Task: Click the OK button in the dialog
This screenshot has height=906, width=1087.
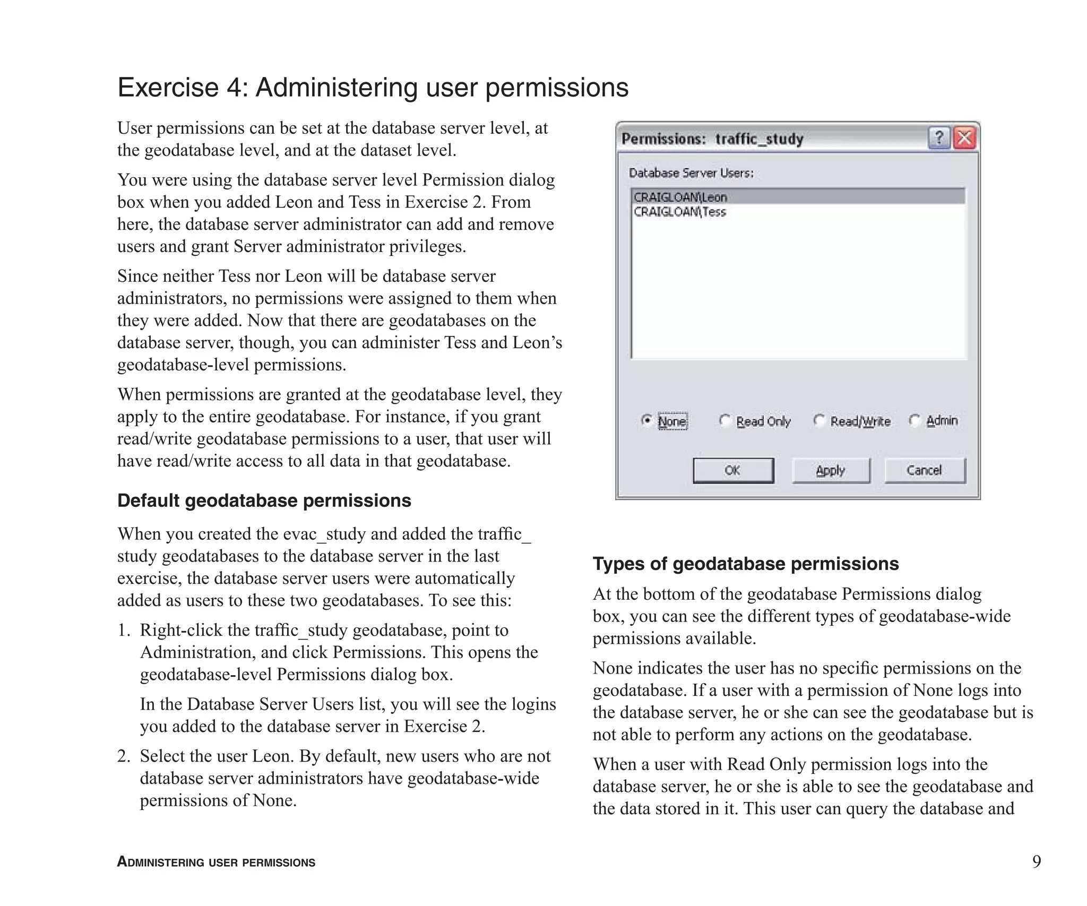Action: (733, 470)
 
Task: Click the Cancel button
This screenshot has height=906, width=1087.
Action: (924, 470)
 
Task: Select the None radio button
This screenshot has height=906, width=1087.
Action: (646, 421)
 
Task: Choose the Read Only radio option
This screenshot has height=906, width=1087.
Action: (725, 421)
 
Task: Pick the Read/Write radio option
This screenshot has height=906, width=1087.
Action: (819, 421)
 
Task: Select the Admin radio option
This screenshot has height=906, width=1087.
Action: (915, 421)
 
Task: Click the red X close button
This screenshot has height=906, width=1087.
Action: (964, 139)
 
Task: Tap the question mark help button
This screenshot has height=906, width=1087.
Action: (939, 139)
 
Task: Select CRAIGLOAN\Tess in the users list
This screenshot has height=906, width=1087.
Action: (680, 212)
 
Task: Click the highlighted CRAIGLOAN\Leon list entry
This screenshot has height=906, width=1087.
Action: (681, 197)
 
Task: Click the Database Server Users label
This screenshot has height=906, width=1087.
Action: (691, 173)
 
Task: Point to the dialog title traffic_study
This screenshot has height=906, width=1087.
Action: (759, 139)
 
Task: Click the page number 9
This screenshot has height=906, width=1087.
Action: (1036, 861)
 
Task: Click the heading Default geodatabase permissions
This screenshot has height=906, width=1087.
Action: (264, 501)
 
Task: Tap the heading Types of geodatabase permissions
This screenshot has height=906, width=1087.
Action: (745, 564)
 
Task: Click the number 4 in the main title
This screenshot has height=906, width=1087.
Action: (234, 88)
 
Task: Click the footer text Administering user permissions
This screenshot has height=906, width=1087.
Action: (216, 862)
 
